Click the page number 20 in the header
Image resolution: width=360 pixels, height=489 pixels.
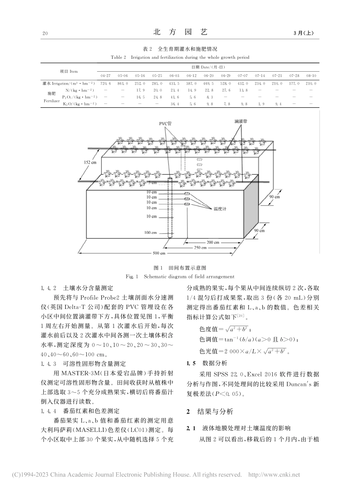pyautogui.click(x=45, y=34)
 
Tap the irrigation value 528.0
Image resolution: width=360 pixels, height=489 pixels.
pyautogui.click(x=225, y=83)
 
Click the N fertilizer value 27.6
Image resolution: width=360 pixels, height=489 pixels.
pyautogui.click(x=225, y=90)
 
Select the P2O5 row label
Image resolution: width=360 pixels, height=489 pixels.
pyautogui.click(x=79, y=97)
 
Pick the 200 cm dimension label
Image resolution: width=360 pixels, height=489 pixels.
pyautogui.click(x=212, y=242)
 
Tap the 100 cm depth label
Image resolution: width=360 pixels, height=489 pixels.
pyautogui.click(x=151, y=232)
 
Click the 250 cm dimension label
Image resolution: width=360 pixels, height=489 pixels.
pyautogui.click(x=200, y=248)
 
